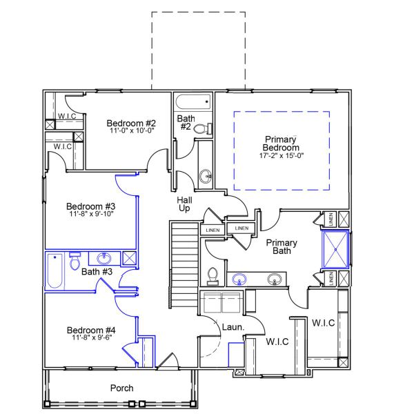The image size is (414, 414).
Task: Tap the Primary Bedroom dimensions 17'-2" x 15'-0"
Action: click(281, 156)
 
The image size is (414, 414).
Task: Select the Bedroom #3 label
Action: click(90, 206)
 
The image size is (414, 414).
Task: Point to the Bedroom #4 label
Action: click(90, 331)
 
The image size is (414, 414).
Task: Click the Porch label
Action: click(122, 388)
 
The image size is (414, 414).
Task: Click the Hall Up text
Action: click(184, 204)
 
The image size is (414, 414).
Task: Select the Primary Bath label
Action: click(282, 246)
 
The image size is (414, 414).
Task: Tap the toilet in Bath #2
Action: click(201, 128)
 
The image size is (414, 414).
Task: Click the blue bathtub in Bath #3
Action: click(55, 271)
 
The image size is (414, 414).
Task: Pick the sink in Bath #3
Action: click(103, 259)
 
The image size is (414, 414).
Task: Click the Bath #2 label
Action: click(185, 122)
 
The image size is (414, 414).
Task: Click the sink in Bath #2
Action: click(206, 176)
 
